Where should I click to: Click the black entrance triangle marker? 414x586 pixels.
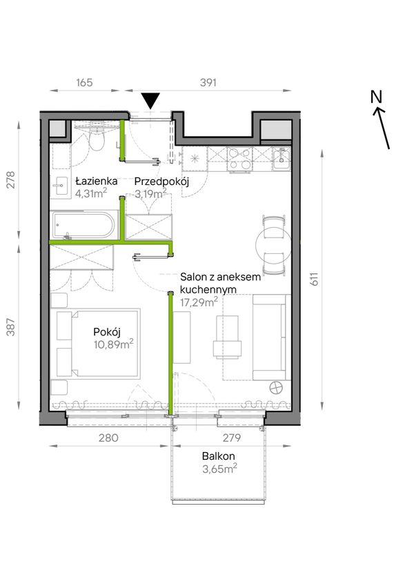coord(150,101)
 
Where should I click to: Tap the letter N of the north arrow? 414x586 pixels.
coord(376,97)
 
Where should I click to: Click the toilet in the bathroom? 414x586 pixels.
coord(97,139)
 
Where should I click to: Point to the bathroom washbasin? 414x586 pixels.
coord(60,186)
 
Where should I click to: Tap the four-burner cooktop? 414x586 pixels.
coord(239,159)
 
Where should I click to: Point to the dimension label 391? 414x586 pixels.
coord(208,82)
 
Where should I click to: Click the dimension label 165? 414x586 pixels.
coord(84,82)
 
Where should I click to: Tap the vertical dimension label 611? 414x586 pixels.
coord(315,279)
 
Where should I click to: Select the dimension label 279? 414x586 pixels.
coord(232,438)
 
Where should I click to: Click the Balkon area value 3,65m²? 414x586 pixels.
coord(219,469)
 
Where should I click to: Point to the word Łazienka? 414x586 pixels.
coord(97,182)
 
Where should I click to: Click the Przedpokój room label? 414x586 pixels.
coord(161,182)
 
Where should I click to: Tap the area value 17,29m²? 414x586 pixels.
coord(199,302)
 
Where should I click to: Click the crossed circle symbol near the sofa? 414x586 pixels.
coord(277,387)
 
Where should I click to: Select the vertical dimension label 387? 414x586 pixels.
coord(11,326)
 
